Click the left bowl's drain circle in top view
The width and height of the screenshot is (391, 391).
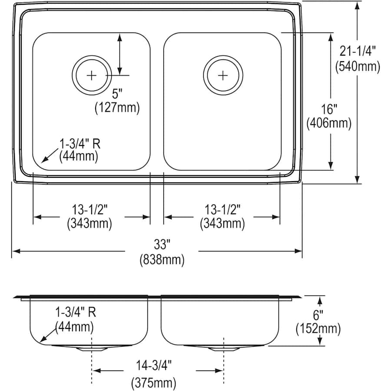pos(92,75)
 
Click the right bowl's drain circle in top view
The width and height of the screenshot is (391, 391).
pos(222,75)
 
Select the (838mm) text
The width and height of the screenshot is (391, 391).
pos(162,261)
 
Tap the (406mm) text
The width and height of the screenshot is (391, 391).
pos(329,123)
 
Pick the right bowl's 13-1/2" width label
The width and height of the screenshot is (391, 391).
pos(222,210)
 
